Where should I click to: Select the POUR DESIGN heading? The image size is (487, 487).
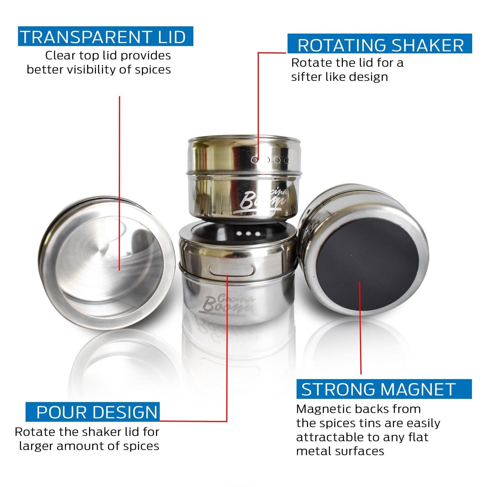pos(97,412)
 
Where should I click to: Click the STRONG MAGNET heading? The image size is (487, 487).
pos(378,389)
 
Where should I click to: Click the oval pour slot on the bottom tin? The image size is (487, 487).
pos(232,269)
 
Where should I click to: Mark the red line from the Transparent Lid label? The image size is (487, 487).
pos(119,182)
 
